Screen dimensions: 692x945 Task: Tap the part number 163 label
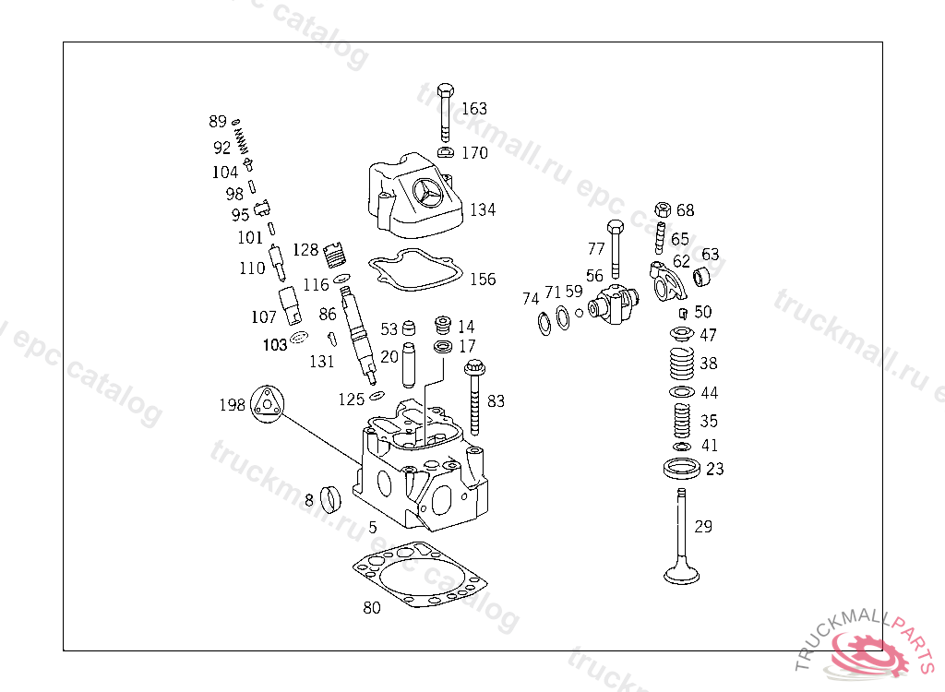474,109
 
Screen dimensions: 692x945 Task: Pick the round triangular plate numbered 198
268,404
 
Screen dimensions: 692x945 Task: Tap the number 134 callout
483,210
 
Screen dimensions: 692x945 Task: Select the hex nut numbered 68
662,209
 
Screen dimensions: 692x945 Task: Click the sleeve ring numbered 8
329,499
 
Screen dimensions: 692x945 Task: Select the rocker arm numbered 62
667,280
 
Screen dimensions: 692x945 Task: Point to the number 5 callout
373,528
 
